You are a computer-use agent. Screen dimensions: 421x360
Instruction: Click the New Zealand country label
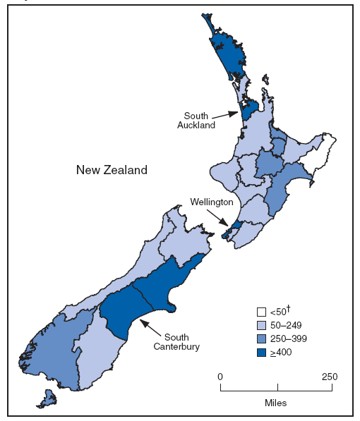coord(112,170)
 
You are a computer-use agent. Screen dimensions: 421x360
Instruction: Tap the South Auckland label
coord(200,120)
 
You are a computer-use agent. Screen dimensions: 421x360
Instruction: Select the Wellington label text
coord(211,202)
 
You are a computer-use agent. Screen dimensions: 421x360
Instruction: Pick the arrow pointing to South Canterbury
coord(149,326)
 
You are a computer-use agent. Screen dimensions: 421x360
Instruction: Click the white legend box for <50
coord(261,312)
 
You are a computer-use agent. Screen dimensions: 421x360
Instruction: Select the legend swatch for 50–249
coord(261,325)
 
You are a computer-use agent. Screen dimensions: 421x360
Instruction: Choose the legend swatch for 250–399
coord(261,338)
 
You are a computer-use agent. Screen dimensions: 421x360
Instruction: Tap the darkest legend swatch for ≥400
coord(261,352)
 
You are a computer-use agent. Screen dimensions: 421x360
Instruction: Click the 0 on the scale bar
coord(220,376)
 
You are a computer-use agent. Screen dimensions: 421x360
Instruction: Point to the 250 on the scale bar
coord(330,376)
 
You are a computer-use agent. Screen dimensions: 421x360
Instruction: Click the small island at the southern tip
coord(46,400)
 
